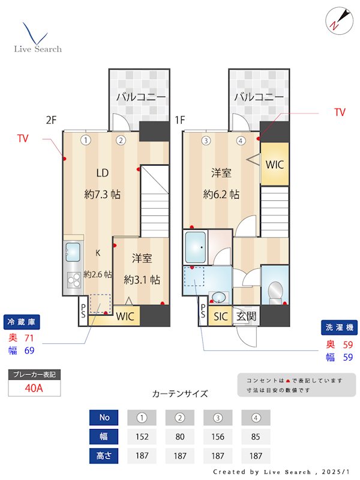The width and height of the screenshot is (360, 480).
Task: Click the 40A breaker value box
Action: click(34, 388)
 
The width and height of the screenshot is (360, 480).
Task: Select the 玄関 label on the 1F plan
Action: click(245, 316)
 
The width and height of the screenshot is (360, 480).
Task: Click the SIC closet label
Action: click(221, 316)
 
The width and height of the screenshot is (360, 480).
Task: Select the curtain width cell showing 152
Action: click(142, 436)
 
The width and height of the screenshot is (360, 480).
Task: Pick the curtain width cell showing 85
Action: click(256, 436)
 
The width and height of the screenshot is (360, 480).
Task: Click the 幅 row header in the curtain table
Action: click(104, 436)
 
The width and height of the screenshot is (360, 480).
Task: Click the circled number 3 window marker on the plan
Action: click(206, 141)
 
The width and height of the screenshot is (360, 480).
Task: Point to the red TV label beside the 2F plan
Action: click(23, 139)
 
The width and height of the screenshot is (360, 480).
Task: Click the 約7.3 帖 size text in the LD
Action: click(103, 194)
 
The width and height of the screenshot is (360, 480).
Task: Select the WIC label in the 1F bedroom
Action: click(275, 164)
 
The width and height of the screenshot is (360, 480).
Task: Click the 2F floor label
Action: click(51, 119)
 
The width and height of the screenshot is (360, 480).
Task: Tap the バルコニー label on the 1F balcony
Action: click(259, 97)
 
